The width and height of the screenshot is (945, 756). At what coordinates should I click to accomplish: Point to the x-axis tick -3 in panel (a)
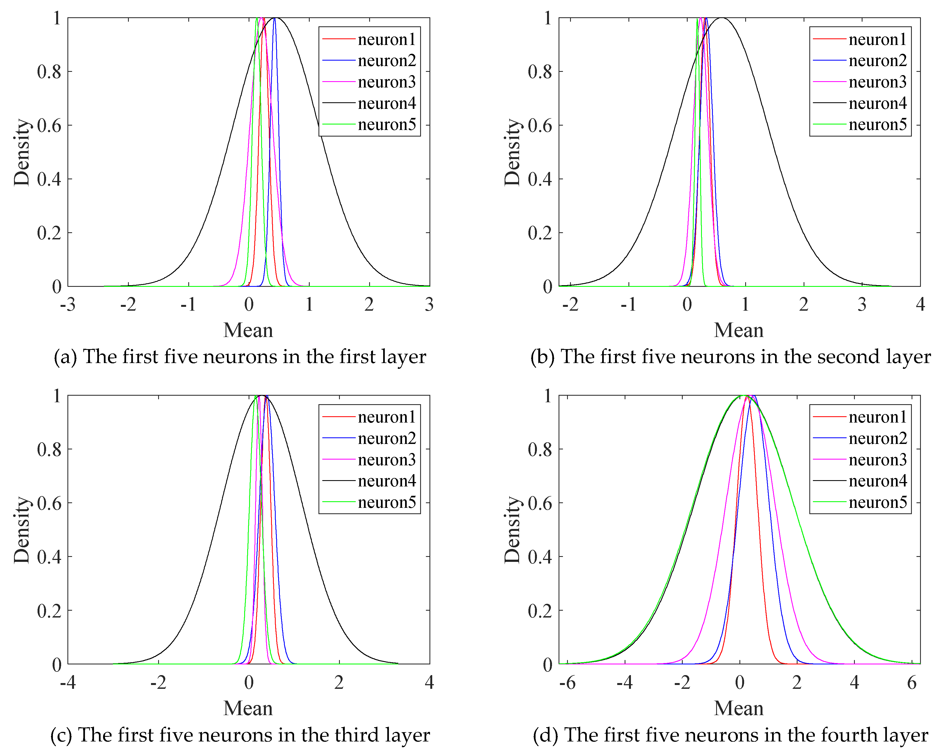click(68, 304)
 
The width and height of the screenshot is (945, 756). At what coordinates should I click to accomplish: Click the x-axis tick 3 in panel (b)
click(862, 304)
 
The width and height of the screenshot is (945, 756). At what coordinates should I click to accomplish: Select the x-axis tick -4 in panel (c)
click(68, 682)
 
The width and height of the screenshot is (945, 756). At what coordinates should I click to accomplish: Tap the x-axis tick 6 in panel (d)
click(912, 682)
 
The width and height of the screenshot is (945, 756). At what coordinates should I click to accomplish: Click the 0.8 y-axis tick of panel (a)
click(49, 72)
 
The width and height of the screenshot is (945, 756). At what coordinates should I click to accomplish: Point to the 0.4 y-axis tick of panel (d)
click(540, 557)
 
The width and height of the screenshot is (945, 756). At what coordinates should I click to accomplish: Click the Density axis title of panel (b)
click(512, 152)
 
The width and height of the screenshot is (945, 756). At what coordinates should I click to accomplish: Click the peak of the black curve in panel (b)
click(721, 18)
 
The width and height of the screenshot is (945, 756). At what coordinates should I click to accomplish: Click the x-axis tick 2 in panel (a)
click(369, 304)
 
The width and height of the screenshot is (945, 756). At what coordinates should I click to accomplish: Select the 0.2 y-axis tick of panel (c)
click(49, 610)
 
